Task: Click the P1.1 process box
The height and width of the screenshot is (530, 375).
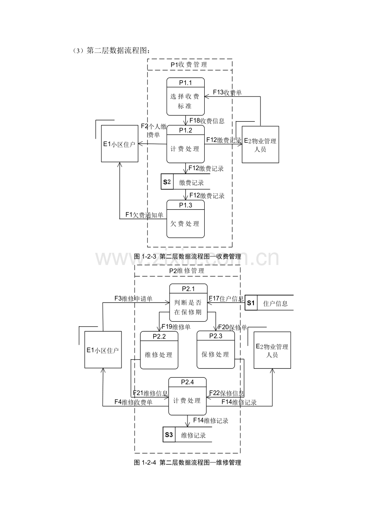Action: [x=185, y=96]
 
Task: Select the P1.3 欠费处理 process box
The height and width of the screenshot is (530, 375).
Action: [x=185, y=219]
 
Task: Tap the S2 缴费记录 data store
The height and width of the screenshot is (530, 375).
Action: [x=185, y=182]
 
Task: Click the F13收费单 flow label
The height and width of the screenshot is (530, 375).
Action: [x=227, y=92]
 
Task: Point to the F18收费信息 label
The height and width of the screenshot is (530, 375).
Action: [x=207, y=121]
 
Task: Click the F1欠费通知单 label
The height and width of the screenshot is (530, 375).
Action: [x=144, y=215]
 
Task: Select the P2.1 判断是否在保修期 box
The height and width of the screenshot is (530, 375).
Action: [x=188, y=302]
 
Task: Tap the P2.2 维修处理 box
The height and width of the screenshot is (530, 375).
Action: [x=159, y=350]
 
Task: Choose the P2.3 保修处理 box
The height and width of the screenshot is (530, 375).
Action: [x=216, y=350]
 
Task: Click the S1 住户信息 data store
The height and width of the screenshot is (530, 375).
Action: [x=269, y=302]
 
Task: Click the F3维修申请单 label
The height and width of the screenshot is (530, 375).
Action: [x=133, y=299]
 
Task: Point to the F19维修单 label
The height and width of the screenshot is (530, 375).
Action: [x=176, y=327]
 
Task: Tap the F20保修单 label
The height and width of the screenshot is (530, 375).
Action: [x=232, y=327]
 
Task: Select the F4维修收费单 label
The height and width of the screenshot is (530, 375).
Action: [x=133, y=402]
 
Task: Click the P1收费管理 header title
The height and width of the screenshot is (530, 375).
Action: [x=189, y=65]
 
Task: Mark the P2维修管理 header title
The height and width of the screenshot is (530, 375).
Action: [x=187, y=271]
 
